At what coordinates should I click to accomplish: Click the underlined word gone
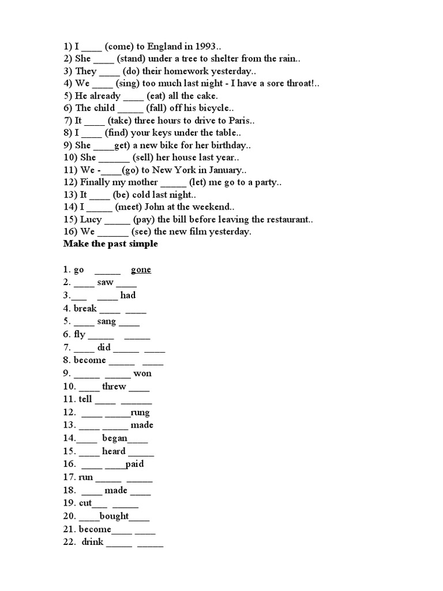[141, 270]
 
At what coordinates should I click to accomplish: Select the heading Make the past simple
[111, 244]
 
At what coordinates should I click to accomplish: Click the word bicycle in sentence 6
[212, 109]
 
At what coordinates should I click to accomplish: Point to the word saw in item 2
[105, 283]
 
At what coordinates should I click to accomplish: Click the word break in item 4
[85, 309]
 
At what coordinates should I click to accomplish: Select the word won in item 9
[142, 373]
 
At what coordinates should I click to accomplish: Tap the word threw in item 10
[114, 387]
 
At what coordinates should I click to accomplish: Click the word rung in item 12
[140, 413]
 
